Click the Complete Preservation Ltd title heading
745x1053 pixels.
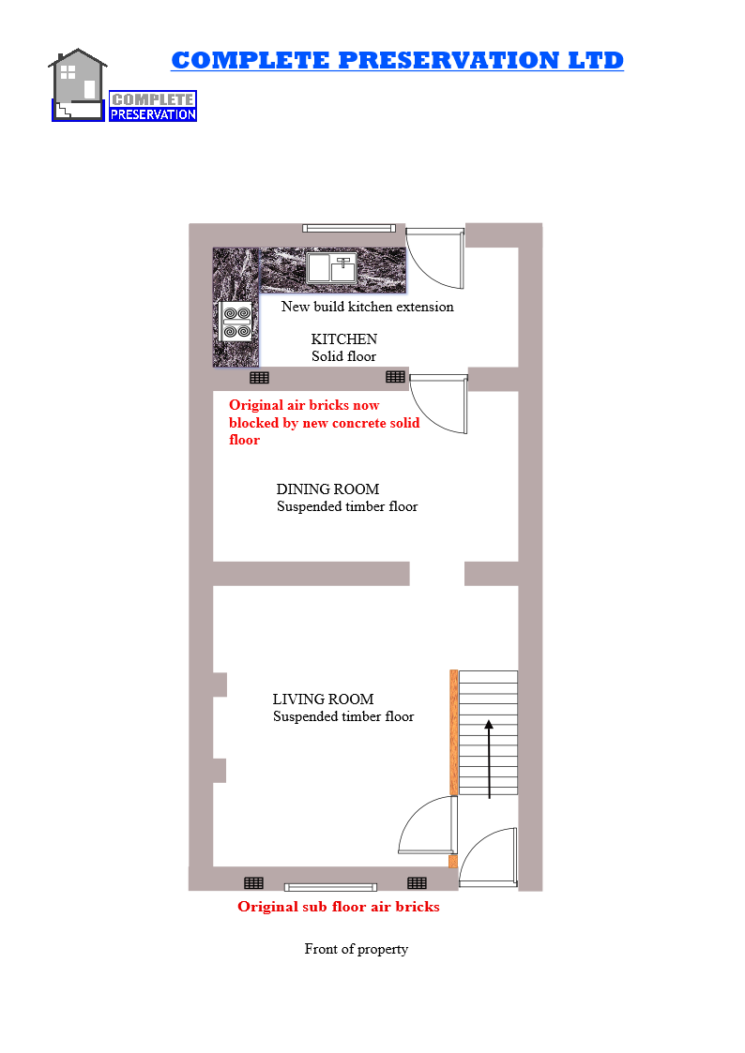point(397,61)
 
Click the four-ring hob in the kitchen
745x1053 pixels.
point(236,322)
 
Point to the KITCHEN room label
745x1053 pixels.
point(344,339)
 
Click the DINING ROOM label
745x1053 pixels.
point(327,489)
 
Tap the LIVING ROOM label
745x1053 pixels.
point(323,699)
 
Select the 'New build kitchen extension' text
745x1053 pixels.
point(367,307)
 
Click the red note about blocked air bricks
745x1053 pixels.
point(324,423)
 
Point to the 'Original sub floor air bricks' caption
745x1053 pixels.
point(338,908)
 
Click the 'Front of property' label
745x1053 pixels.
point(356,949)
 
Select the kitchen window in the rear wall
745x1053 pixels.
point(349,228)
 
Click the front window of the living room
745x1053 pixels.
point(330,887)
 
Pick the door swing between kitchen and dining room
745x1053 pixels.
point(439,403)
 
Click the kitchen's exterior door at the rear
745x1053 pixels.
point(435,257)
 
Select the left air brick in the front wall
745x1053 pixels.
point(253,883)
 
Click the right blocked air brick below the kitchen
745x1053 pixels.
point(395,377)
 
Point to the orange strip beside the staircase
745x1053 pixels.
point(453,731)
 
